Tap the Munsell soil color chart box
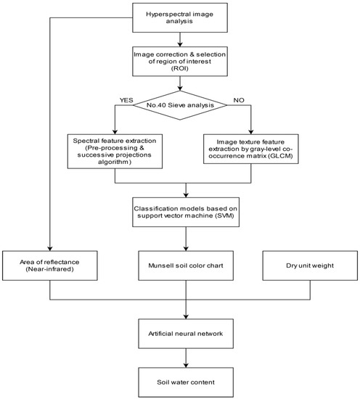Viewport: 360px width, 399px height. click(187, 266)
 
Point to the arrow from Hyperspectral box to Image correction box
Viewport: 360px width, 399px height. click(187, 38)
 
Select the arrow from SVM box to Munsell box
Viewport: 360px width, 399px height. click(187, 239)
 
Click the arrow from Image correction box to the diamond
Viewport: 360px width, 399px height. click(187, 87)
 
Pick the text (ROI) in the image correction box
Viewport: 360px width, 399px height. click(187, 73)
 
